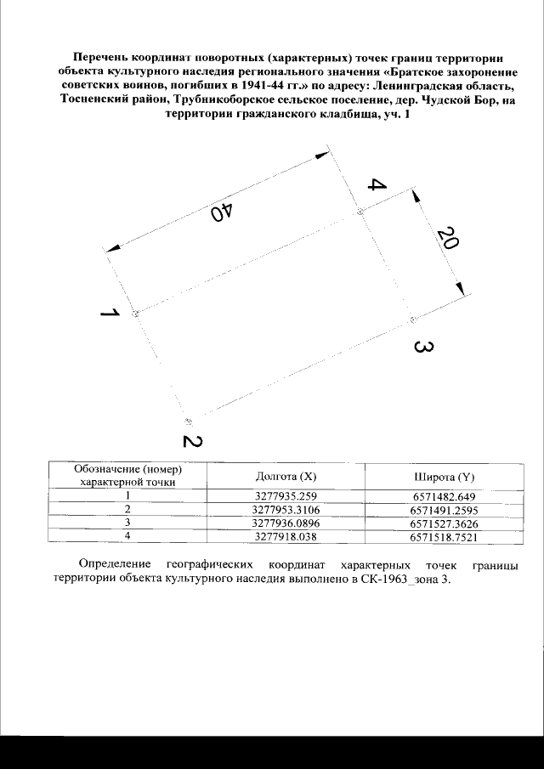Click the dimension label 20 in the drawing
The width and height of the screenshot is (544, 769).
(448, 238)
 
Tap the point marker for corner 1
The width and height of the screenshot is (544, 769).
(135, 314)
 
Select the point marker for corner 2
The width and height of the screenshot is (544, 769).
(189, 421)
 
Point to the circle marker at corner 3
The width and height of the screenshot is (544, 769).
(413, 319)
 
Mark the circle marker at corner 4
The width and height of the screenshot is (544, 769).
(360, 212)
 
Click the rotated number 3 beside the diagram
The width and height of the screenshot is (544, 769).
(424, 348)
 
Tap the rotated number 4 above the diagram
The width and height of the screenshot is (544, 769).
(377, 186)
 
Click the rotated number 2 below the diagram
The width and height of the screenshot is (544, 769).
(193, 442)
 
